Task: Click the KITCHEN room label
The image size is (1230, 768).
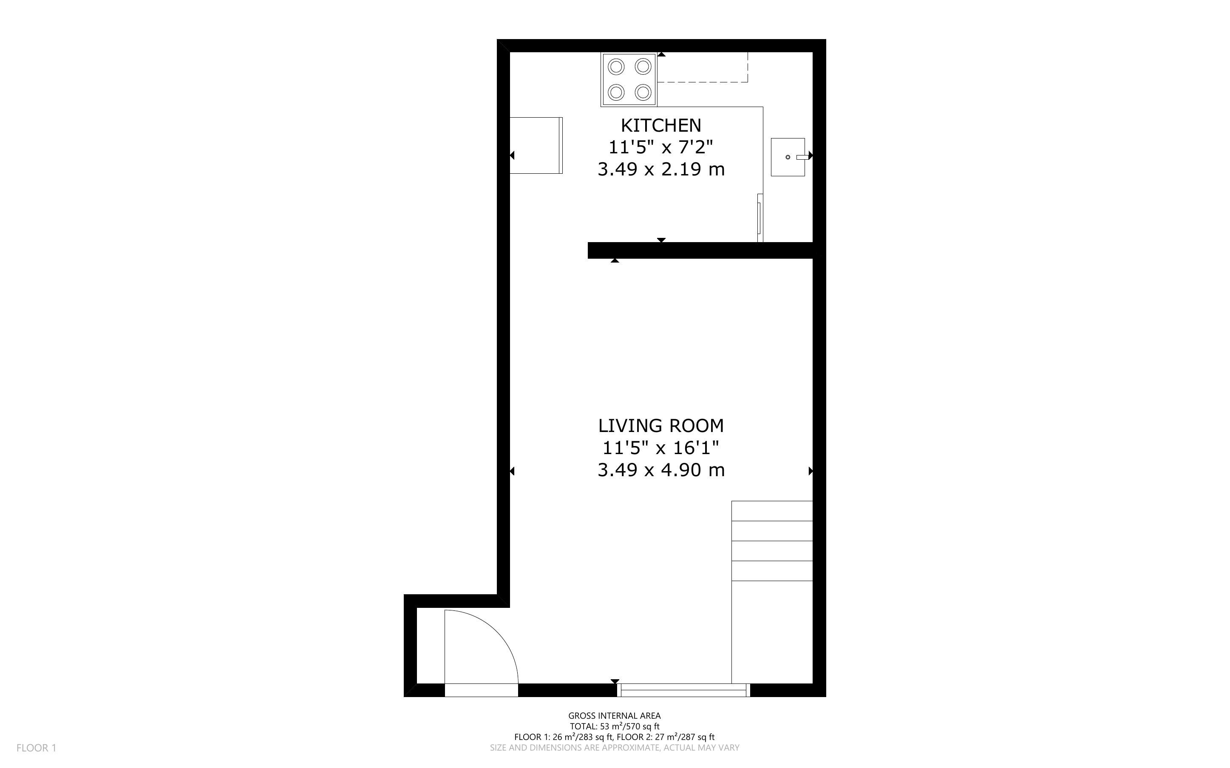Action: point(661,125)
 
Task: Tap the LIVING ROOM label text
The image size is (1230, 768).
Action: point(661,425)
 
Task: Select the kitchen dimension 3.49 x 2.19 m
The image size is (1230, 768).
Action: point(661,169)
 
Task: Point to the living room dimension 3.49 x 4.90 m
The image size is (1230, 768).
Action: point(661,470)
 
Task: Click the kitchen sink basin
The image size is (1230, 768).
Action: point(788,157)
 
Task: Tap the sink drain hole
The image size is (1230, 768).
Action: point(788,157)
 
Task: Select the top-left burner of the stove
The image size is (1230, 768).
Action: point(616,66)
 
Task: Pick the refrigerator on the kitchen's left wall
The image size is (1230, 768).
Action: point(536,145)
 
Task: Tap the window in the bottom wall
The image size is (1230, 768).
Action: point(683,690)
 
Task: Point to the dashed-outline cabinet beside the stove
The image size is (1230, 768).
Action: point(703,67)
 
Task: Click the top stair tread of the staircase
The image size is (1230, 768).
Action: point(772,511)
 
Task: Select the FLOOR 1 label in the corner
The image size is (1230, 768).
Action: point(37,748)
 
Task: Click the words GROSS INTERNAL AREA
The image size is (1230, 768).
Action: point(614,716)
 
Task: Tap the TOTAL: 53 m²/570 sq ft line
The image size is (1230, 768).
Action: point(614,726)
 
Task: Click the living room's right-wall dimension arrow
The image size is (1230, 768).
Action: point(811,471)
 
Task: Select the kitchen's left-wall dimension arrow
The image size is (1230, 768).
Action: point(512,155)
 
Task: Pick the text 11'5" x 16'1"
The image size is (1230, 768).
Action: point(661,447)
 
